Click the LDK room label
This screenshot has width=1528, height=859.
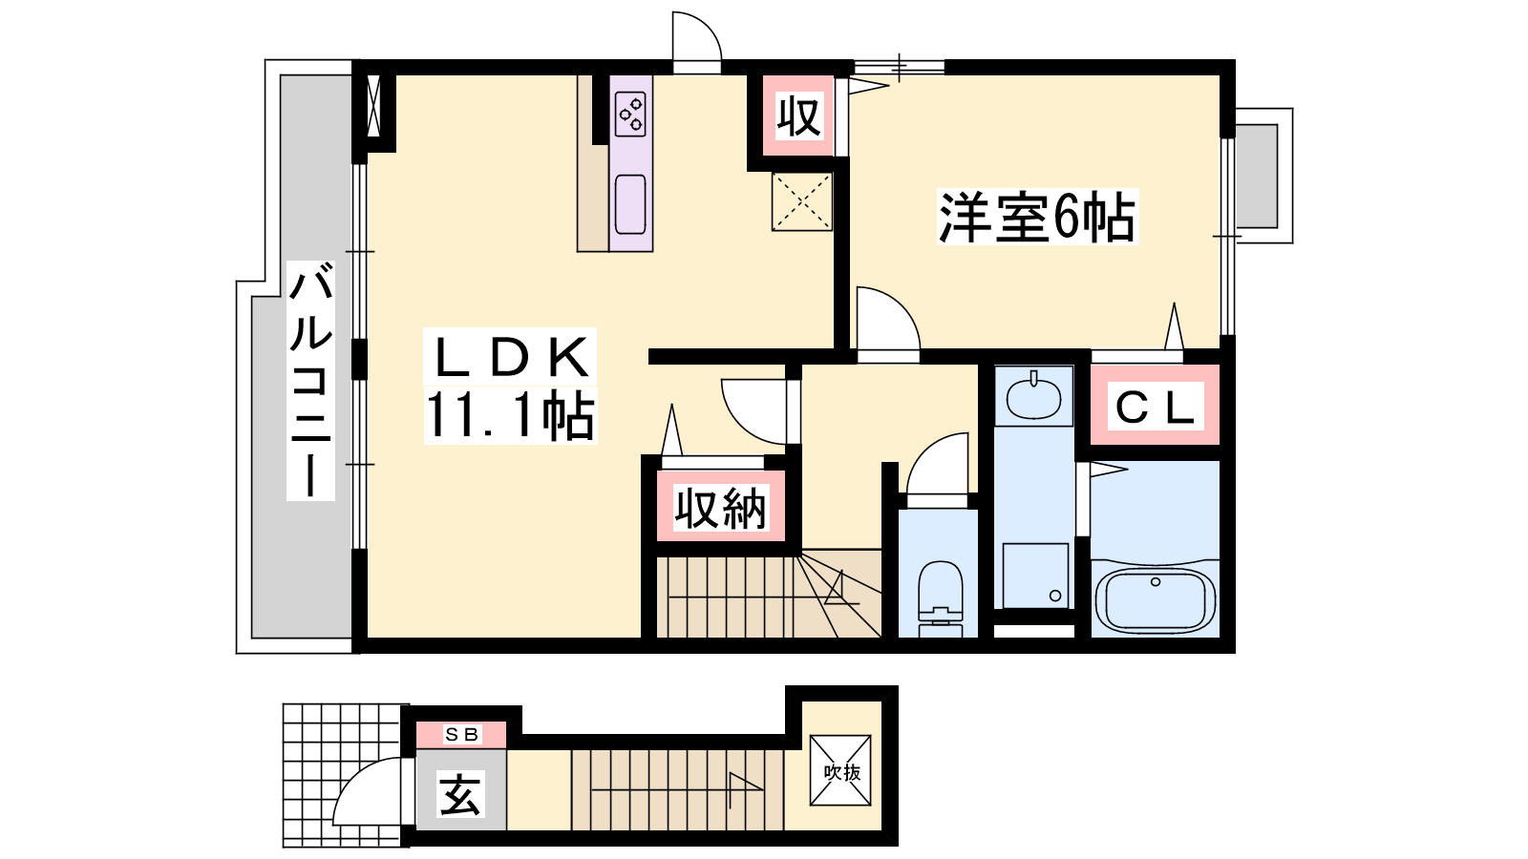point(511,357)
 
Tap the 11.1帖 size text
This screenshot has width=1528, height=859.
point(510,415)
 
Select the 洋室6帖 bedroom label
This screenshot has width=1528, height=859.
point(1037,217)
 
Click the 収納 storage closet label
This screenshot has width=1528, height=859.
point(720,509)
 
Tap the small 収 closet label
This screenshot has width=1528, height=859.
point(798,116)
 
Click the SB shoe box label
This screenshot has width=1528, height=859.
point(461,734)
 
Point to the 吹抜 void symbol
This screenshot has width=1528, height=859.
point(841,771)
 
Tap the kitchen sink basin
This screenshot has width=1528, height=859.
point(630,204)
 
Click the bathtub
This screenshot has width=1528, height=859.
point(1155,600)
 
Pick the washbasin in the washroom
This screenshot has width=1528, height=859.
point(1033,397)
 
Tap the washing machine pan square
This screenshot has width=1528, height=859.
point(1035,576)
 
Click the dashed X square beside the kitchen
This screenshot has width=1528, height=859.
point(801,201)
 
